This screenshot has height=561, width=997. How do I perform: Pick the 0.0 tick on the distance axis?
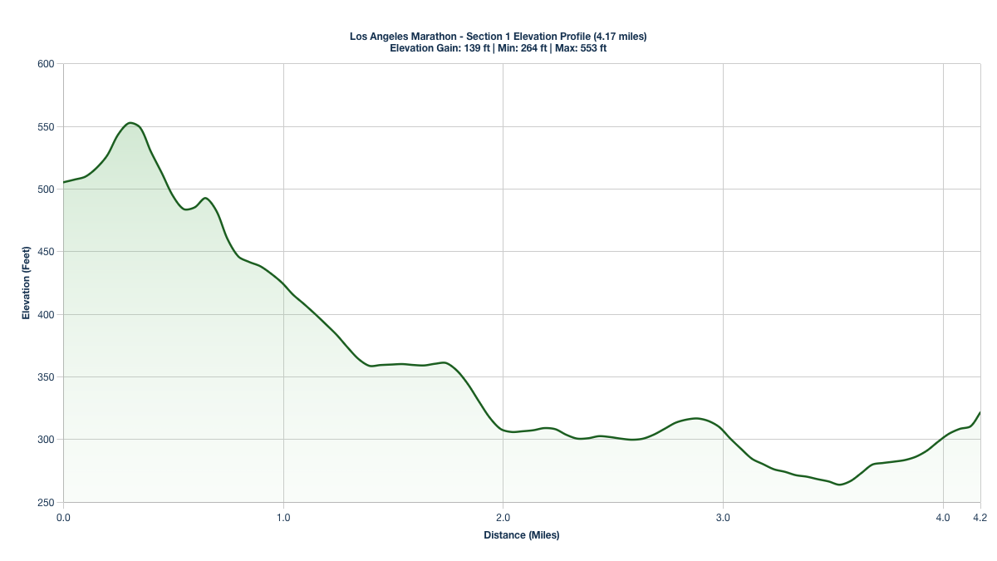63,518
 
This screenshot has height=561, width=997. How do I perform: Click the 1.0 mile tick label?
283,518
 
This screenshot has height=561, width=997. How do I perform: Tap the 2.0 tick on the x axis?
503,518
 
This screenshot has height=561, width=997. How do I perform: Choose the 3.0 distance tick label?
723,518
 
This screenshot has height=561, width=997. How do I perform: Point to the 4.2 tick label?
980,518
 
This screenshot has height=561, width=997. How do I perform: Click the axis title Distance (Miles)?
522,535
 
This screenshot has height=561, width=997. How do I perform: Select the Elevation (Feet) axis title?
26,283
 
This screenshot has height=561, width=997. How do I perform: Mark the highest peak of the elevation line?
130,123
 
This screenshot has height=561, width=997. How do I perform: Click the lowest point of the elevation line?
840,485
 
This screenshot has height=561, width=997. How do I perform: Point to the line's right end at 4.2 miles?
980,412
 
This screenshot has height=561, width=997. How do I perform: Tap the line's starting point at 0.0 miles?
63,182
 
